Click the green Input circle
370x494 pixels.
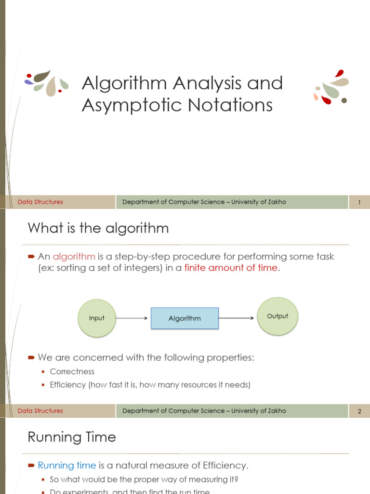[97, 318]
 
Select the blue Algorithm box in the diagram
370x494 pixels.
[185, 318]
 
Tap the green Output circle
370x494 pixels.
[277, 316]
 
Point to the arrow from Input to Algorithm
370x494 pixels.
[132, 318]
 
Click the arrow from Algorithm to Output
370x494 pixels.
[236, 318]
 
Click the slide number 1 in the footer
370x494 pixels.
[359, 202]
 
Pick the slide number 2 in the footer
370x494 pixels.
[359, 411]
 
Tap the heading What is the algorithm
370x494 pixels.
[98, 228]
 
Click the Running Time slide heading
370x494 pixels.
[72, 437]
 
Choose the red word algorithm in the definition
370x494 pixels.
[74, 256]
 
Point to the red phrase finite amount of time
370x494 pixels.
[231, 268]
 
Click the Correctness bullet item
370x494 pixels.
[72, 371]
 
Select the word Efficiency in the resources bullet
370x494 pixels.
[68, 384]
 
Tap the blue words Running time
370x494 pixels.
[66, 465]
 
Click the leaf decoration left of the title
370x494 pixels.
[46, 82]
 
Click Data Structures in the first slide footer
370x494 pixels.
[40, 202]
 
